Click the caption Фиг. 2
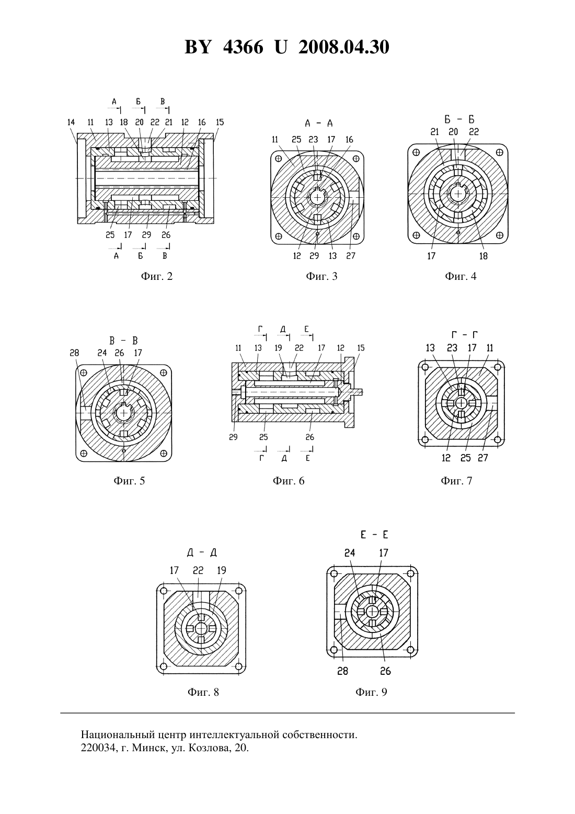pyautogui.click(x=156, y=277)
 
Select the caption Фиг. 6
pyautogui.click(x=289, y=481)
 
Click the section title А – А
pyautogui.click(x=319, y=123)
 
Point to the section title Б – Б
pyautogui.click(x=459, y=119)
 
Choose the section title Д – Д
pyautogui.click(x=202, y=553)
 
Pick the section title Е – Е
pyautogui.click(x=374, y=535)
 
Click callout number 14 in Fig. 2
pyautogui.click(x=71, y=122)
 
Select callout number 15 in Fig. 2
pyautogui.click(x=220, y=122)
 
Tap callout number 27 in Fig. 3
pyautogui.click(x=350, y=256)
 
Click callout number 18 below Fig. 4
pyautogui.click(x=483, y=256)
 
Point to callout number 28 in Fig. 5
pyautogui.click(x=74, y=353)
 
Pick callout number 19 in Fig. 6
pyautogui.click(x=278, y=348)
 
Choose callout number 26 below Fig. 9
pyautogui.click(x=386, y=671)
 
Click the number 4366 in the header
pyautogui.click(x=243, y=47)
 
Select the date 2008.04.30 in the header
pyautogui.click(x=344, y=47)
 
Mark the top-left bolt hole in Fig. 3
pyautogui.click(x=279, y=159)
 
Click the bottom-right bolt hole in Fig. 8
pyautogui.click(x=238, y=666)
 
